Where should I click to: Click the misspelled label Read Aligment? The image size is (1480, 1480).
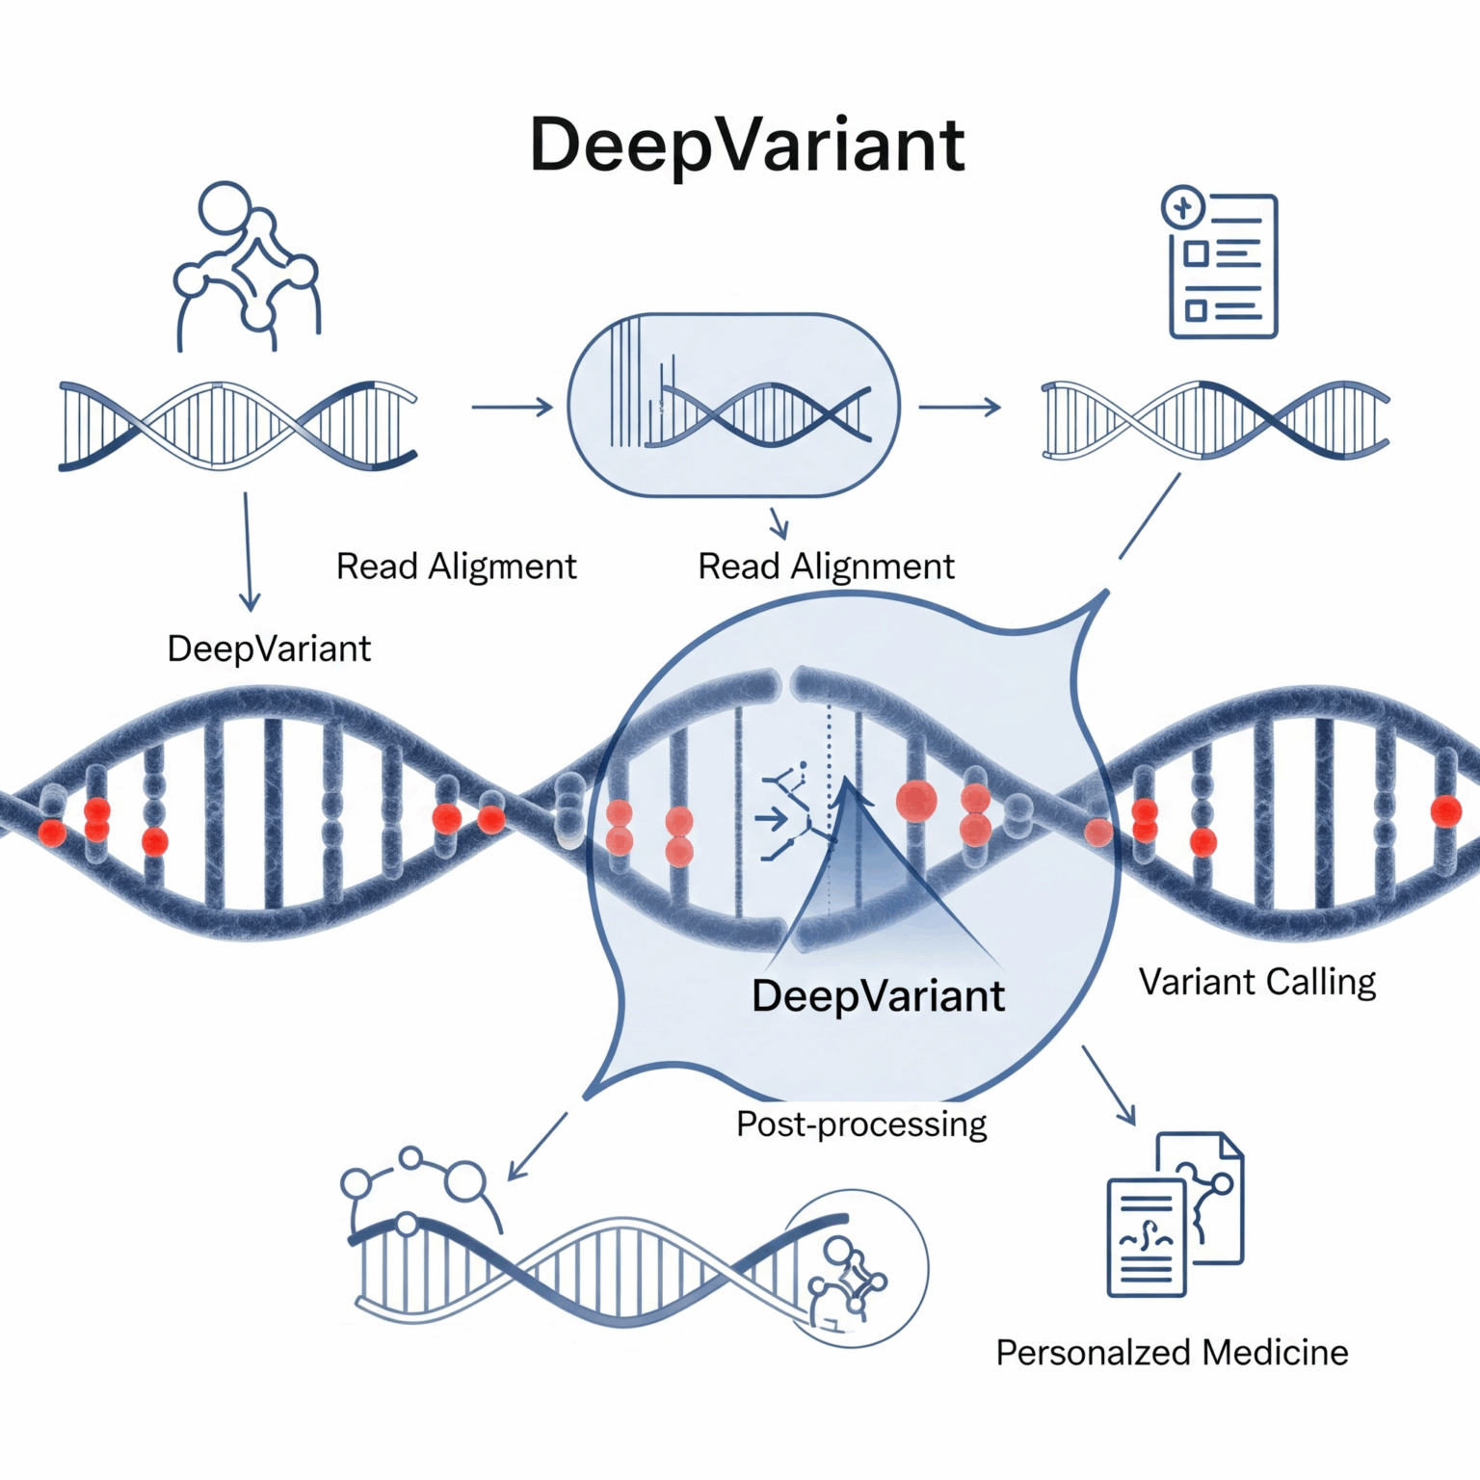456,567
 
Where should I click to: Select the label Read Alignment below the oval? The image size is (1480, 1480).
826,567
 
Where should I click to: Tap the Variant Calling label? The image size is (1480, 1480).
1257,983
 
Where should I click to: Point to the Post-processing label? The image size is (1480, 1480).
861,1124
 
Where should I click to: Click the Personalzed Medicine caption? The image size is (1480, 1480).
1172,1353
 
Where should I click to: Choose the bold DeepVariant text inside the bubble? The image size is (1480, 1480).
878,996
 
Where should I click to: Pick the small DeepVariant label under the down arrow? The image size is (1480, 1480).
269,649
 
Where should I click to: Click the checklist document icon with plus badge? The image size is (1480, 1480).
1221,263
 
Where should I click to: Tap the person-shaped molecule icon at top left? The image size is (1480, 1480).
247,265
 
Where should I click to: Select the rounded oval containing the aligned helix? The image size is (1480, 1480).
734,406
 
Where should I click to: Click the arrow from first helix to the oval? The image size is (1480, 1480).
512,408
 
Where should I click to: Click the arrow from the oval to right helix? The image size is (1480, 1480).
959,408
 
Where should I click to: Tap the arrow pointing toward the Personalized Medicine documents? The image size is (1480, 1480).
1108,1084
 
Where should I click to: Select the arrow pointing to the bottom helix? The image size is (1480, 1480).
537,1146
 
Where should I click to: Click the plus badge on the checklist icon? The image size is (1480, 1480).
1183,207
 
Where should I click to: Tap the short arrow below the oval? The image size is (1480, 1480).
779,523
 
